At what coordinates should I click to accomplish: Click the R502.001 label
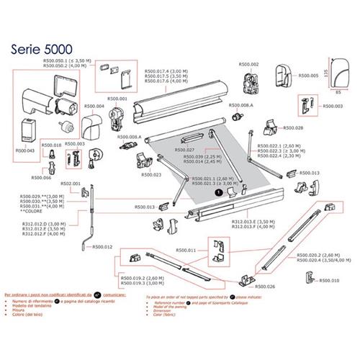click(x=71, y=184)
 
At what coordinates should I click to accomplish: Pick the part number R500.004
click(x=94, y=107)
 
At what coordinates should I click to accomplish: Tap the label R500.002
click(x=249, y=65)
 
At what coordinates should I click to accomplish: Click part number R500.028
click(x=294, y=128)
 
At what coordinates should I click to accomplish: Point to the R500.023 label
click(x=150, y=174)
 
